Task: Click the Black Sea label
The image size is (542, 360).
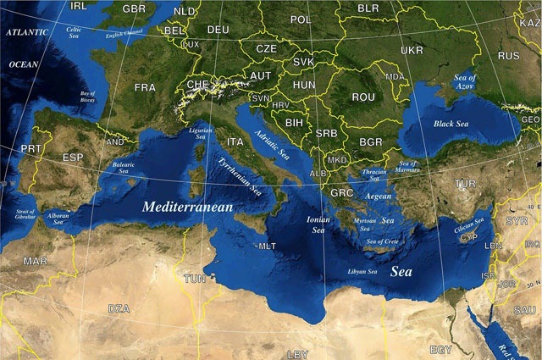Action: point(451,124)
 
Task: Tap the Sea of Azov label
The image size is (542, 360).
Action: point(466,81)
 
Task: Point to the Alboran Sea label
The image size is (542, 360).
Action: point(58,219)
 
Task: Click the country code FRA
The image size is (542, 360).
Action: point(145,87)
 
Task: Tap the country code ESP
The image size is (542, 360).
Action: point(73,158)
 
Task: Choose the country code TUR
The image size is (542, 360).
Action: point(465,183)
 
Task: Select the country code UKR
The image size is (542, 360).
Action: point(412,50)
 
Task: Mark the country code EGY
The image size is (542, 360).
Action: point(440,349)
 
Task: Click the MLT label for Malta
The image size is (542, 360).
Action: point(268,246)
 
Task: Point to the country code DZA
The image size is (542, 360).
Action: point(119,308)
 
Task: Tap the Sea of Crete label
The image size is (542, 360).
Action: point(382,242)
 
